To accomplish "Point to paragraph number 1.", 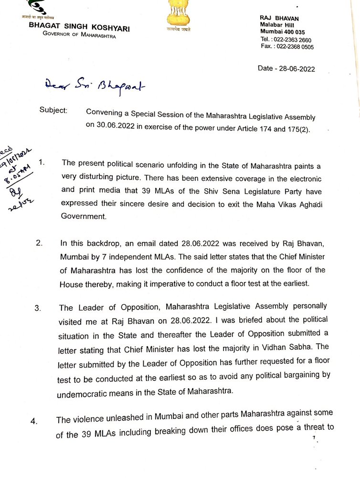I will click(41, 162).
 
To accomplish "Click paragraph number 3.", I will click(38, 308).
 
